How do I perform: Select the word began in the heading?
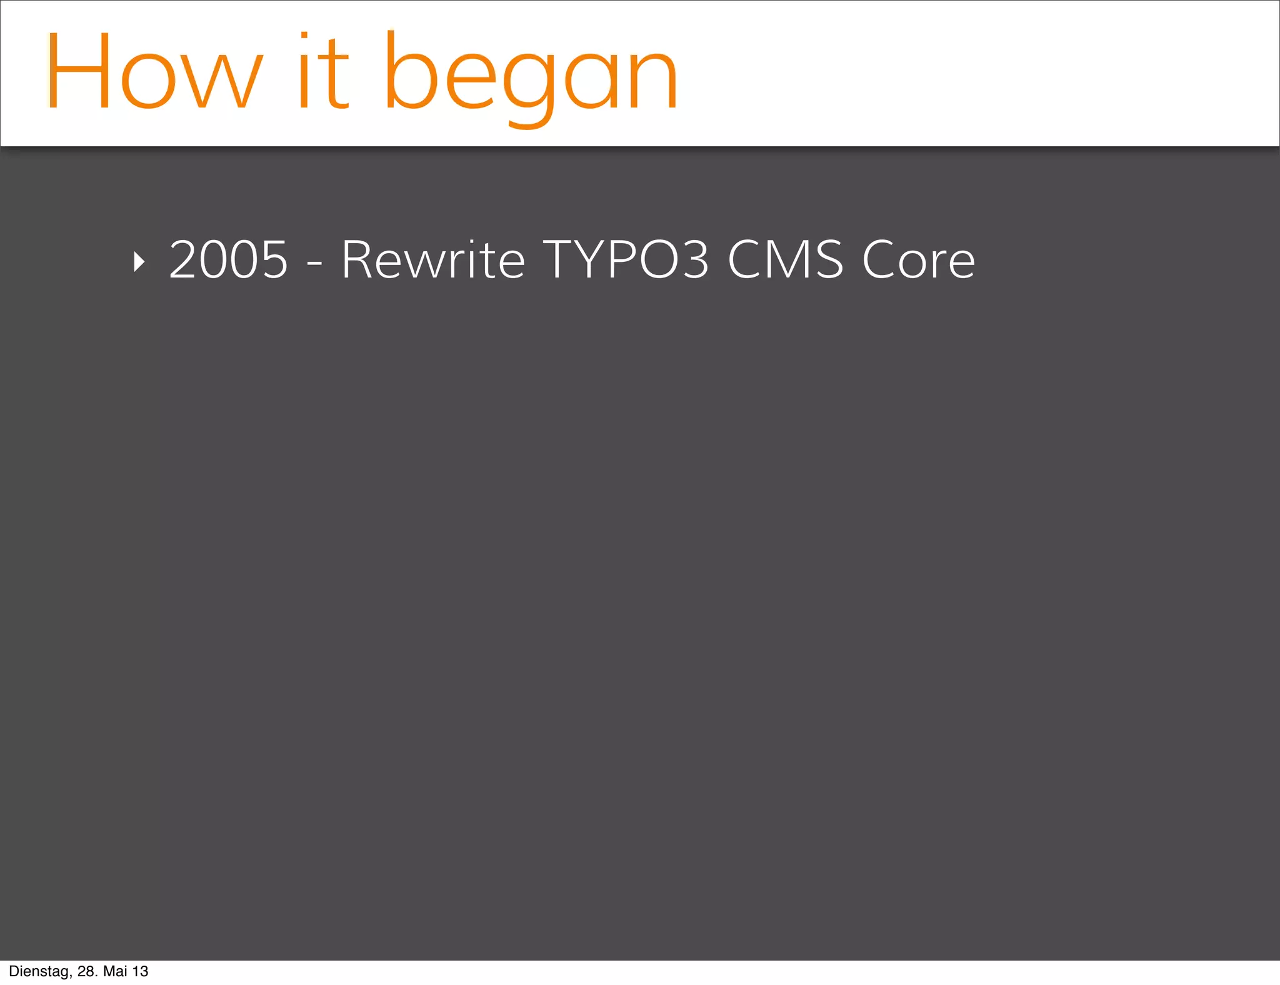(x=531, y=75)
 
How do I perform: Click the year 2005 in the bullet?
(x=229, y=259)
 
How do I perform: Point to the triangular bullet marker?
(x=139, y=262)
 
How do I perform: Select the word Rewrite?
(x=433, y=259)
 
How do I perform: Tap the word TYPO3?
(x=626, y=259)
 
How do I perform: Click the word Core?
(x=918, y=259)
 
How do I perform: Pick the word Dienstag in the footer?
(x=39, y=971)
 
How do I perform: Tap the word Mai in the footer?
(x=115, y=971)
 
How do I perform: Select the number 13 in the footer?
(x=141, y=971)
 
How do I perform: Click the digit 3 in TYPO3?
(x=694, y=259)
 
